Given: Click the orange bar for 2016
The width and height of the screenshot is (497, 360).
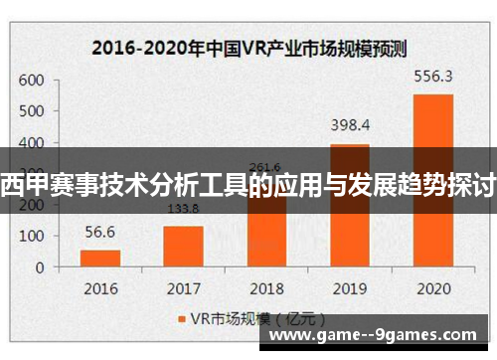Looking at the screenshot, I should coord(100,258).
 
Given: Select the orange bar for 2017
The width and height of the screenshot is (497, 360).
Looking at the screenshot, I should coord(183,246).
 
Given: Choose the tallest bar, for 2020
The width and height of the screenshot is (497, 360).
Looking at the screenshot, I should coord(432,179).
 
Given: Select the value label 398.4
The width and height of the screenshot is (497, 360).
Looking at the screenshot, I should coord(349,125).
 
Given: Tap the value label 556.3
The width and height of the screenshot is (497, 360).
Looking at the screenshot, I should coord(432,75).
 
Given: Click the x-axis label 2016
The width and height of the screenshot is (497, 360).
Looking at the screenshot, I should coord(99,289).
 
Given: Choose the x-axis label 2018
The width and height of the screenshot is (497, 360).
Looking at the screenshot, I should coord(265,289).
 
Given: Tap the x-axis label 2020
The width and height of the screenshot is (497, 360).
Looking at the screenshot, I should coord(432,289).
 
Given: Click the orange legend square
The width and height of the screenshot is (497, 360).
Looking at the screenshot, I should coord(181,319).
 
